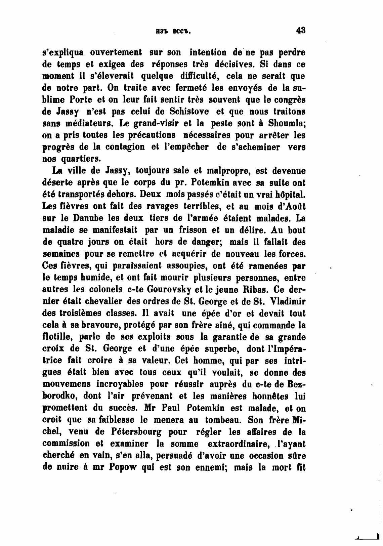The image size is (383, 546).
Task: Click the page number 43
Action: (x=300, y=31)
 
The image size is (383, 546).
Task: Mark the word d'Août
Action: (x=288, y=206)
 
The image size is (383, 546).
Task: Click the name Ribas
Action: (x=253, y=290)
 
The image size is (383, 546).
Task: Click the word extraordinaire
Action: (x=239, y=444)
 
